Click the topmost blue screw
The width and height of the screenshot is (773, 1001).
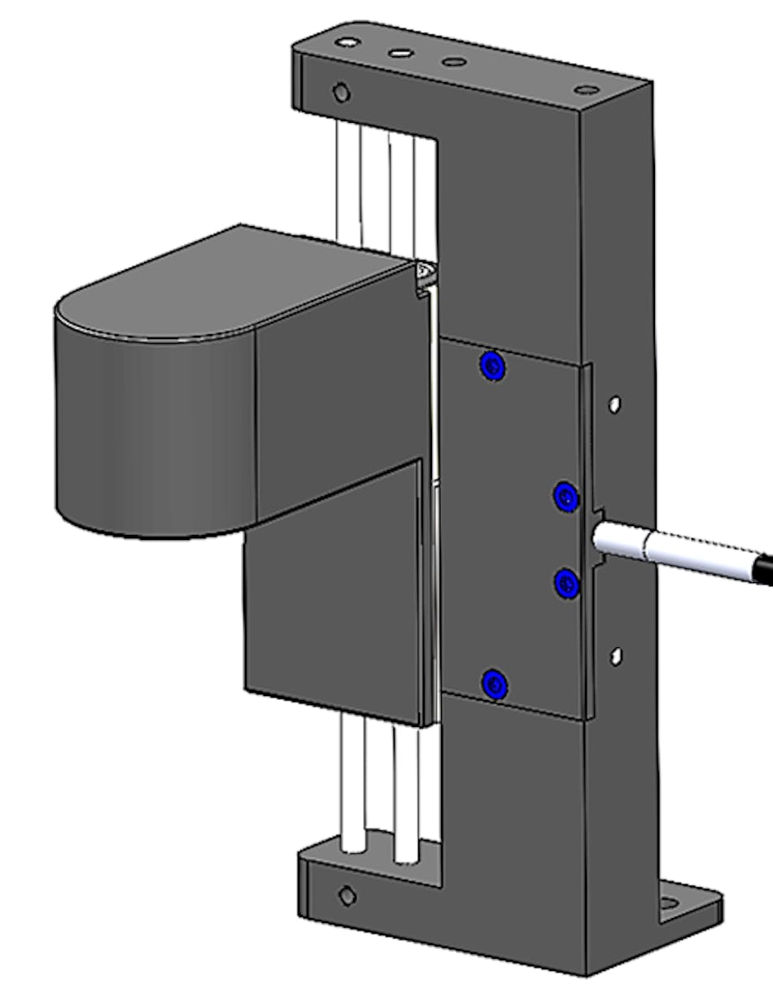pyautogui.click(x=492, y=367)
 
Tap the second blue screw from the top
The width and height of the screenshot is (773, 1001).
pyautogui.click(x=566, y=495)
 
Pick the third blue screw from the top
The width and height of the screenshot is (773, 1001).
pyautogui.click(x=566, y=583)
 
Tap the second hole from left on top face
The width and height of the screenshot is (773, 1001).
pyautogui.click(x=400, y=53)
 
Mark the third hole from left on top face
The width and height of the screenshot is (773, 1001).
pyautogui.click(x=453, y=62)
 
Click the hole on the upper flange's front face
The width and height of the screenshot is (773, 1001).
pyautogui.click(x=342, y=93)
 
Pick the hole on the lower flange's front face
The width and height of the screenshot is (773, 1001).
pyautogui.click(x=347, y=895)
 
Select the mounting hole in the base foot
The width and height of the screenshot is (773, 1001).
pyautogui.click(x=670, y=903)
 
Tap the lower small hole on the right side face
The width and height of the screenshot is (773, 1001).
pyautogui.click(x=616, y=655)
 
